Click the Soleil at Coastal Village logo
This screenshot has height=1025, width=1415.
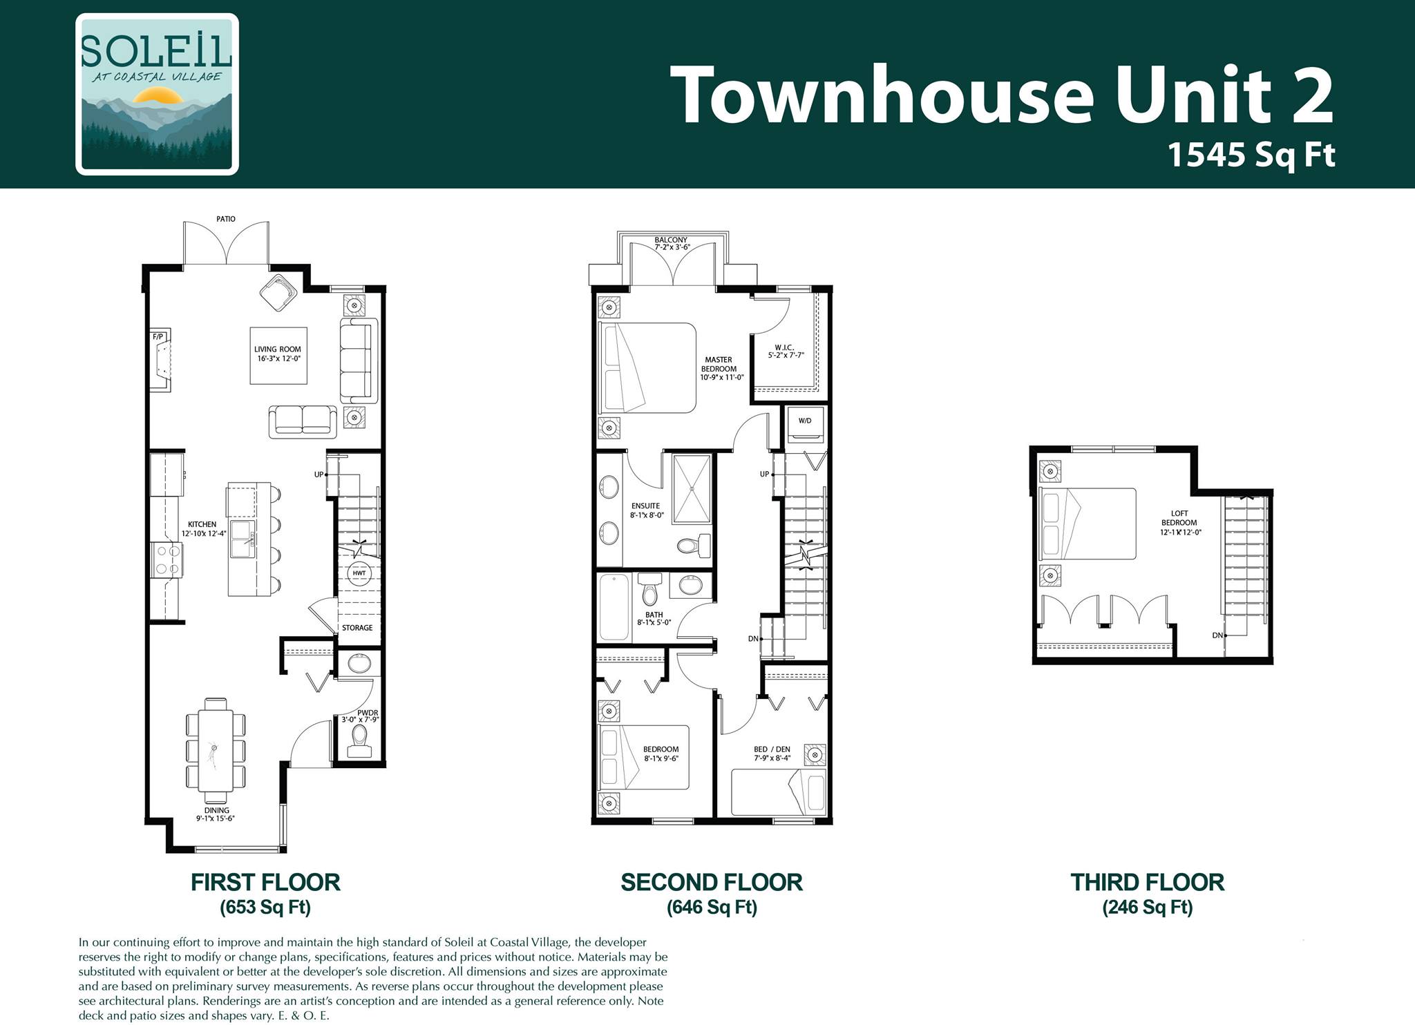tap(158, 94)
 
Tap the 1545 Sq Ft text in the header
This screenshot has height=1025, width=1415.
tap(1251, 155)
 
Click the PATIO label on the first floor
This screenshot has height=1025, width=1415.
tap(226, 219)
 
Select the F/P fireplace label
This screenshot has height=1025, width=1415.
tap(158, 337)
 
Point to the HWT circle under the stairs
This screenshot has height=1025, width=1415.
tap(359, 573)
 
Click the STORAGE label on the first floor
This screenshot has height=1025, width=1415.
tap(357, 628)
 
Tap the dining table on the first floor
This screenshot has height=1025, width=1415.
tap(216, 745)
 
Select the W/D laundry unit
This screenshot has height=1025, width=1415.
tap(805, 425)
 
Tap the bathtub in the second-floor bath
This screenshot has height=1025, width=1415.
tap(614, 607)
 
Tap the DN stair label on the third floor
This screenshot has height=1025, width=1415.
tap(1217, 635)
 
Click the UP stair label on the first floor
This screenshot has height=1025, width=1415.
tap(319, 475)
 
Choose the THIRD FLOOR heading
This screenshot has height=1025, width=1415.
tap(1148, 882)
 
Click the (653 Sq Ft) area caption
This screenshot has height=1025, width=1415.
tap(265, 907)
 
